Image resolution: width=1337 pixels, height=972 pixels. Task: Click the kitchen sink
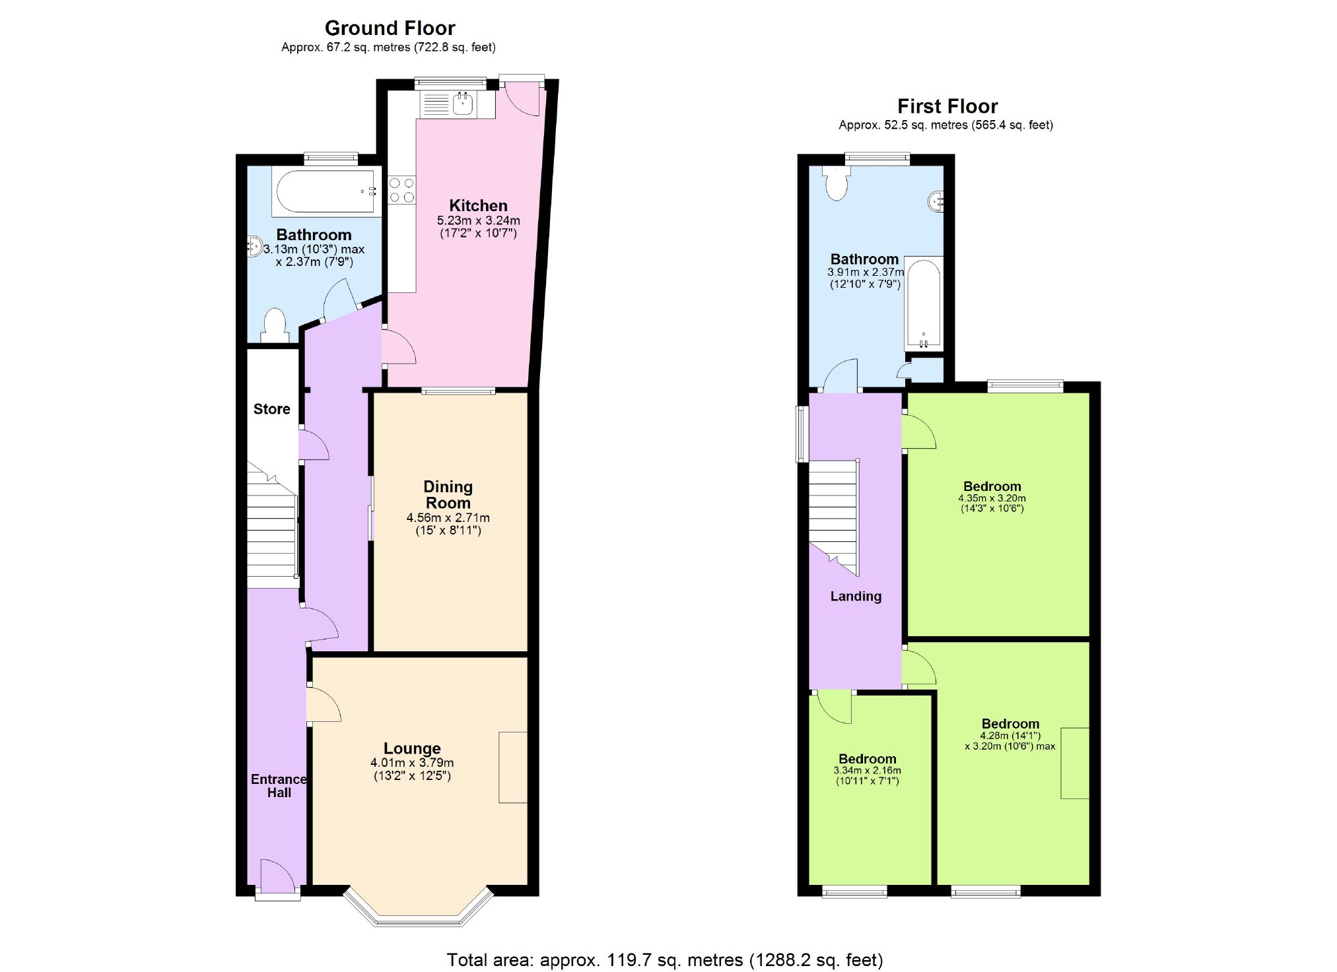click(463, 104)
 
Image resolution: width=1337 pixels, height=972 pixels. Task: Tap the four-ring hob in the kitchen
click(402, 189)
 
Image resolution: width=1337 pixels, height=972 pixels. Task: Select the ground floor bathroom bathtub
click(326, 191)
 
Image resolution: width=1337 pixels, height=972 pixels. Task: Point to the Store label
click(271, 409)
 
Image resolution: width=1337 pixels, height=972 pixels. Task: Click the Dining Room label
click(448, 495)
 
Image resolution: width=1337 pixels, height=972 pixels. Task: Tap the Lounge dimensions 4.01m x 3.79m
click(412, 763)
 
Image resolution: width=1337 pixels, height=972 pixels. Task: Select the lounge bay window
click(419, 908)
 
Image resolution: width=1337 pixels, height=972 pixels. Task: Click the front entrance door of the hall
click(278, 878)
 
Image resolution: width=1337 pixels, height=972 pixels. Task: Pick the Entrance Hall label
click(279, 786)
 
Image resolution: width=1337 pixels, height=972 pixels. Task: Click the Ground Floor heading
click(390, 28)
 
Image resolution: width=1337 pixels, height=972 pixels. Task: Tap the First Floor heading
click(947, 106)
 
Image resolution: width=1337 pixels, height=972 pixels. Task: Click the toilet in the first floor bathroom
click(836, 183)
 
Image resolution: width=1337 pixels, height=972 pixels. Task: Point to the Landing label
click(856, 597)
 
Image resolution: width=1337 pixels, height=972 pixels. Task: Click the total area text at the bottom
click(664, 960)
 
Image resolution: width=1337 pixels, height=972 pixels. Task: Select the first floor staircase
click(834, 515)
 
